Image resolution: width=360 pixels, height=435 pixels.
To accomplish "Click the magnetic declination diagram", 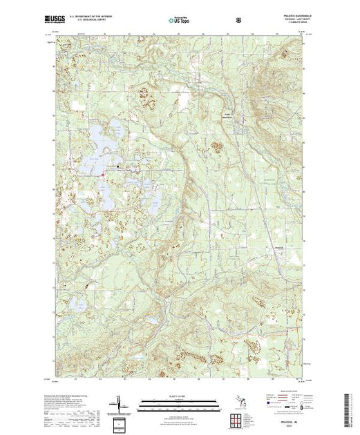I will (x=117, y=402).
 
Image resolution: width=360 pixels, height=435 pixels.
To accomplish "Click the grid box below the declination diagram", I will (x=117, y=420).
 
